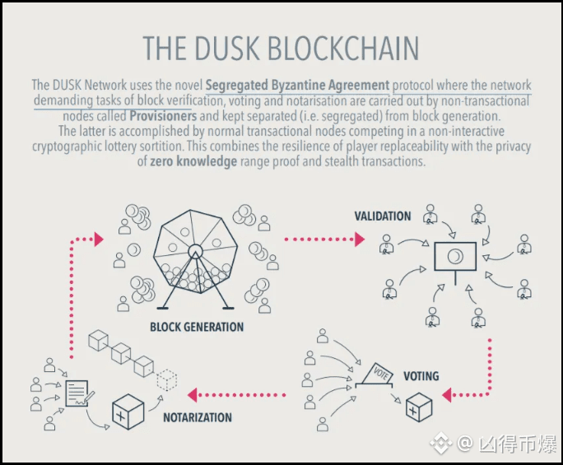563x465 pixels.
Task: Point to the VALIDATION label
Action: pyautogui.click(x=383, y=216)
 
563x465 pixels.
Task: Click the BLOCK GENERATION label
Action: pyautogui.click(x=197, y=328)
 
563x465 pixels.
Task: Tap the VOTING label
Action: pyautogui.click(x=421, y=376)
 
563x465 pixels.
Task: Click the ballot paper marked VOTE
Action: pyautogui.click(x=382, y=372)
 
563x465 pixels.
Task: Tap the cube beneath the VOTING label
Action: pyautogui.click(x=419, y=407)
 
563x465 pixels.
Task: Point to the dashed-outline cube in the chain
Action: pyautogui.click(x=167, y=379)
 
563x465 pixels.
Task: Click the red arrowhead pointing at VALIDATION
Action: pyautogui.click(x=359, y=239)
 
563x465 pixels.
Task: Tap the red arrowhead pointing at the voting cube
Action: pyautogui.click(x=449, y=395)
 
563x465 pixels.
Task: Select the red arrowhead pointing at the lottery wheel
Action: pyautogui.click(x=98, y=239)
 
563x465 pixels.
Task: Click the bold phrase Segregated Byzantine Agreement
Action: pyautogui.click(x=297, y=85)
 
